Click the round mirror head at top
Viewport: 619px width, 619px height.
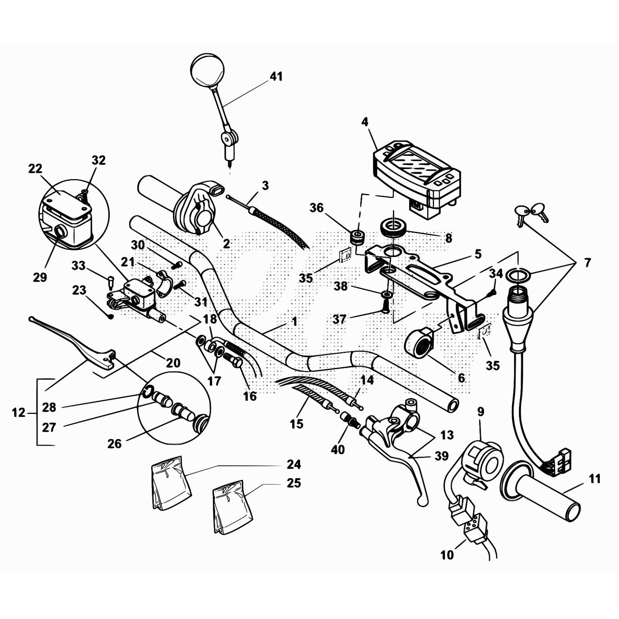pyautogui.click(x=207, y=70)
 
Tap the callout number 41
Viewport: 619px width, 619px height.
pyautogui.click(x=276, y=77)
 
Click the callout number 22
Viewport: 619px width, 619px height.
pyautogui.click(x=35, y=169)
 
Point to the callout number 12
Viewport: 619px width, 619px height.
pyautogui.click(x=18, y=413)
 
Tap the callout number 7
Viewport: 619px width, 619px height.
pyautogui.click(x=587, y=263)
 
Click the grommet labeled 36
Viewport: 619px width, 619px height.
pyautogui.click(x=357, y=237)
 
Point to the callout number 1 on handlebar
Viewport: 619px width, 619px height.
pyautogui.click(x=294, y=321)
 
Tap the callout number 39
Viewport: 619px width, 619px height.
pyautogui.click(x=441, y=456)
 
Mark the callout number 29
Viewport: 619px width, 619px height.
pyautogui.click(x=40, y=277)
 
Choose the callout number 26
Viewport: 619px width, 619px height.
pyautogui.click(x=115, y=444)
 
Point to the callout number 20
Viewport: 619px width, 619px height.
pyautogui.click(x=173, y=363)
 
